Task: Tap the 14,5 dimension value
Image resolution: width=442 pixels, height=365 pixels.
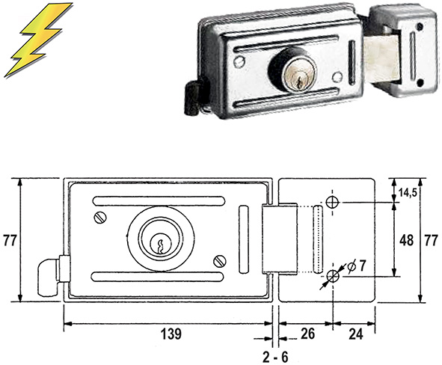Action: coord(407,193)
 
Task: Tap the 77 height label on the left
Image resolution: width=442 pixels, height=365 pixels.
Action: coord(10,241)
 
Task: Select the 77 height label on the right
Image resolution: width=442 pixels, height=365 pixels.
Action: coord(430,240)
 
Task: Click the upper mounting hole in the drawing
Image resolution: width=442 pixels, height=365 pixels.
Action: coord(333,203)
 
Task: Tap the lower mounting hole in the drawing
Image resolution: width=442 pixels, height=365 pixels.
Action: coord(333,277)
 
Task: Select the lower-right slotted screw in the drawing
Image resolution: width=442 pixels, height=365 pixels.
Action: coord(218,260)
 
